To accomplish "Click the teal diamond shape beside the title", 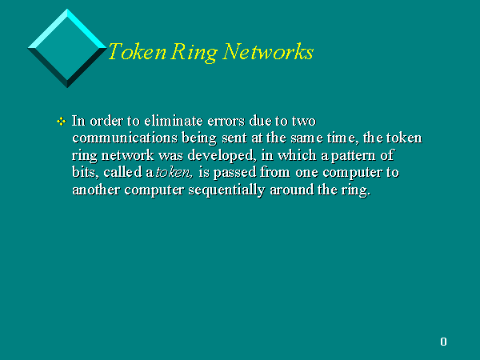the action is click(67, 48).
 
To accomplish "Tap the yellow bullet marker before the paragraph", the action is click(62, 122).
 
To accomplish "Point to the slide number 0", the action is click(443, 342).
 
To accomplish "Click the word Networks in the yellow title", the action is click(268, 52).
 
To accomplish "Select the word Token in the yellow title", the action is click(137, 51).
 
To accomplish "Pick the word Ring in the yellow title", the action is click(194, 53).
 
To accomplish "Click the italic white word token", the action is click(174, 172).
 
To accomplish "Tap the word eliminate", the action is click(174, 121).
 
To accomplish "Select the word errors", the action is click(226, 122).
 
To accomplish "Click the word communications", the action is click(125, 138).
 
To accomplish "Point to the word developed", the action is click(222, 156).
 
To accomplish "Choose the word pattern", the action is click(354, 156).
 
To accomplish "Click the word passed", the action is click(234, 173).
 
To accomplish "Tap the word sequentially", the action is click(226, 190).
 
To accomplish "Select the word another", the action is click(96, 190).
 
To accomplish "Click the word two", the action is click(303, 122).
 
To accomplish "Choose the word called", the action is click(122, 172).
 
